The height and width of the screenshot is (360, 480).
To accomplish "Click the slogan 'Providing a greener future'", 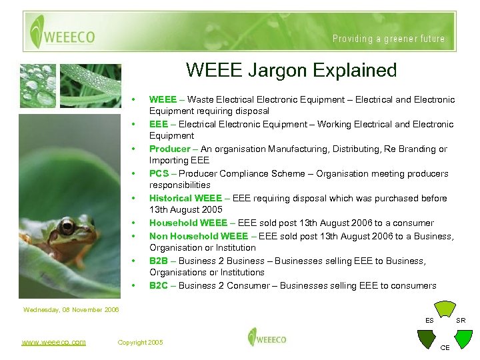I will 389,39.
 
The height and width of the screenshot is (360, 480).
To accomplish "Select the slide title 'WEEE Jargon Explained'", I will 291,70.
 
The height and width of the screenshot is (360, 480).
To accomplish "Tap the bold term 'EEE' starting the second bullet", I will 158,124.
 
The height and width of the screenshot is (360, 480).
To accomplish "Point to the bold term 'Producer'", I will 169,149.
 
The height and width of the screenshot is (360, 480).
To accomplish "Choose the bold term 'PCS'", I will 159,173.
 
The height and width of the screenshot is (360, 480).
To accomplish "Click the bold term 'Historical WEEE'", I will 184,198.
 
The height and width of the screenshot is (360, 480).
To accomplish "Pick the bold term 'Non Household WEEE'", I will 194,236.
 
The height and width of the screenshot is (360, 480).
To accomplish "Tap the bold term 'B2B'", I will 159,261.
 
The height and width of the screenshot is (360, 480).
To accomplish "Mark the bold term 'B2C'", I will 159,285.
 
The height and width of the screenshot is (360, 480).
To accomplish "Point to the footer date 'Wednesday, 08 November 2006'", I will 71,309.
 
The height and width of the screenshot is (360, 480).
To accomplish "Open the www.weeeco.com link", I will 53,342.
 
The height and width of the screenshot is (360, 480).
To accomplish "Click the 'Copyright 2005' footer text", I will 140,342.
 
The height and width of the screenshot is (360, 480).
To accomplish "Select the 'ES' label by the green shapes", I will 430,321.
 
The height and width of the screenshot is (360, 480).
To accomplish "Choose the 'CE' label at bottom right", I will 445,347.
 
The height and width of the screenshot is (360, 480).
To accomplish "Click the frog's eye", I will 67,227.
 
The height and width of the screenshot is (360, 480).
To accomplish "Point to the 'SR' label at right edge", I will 461,321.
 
